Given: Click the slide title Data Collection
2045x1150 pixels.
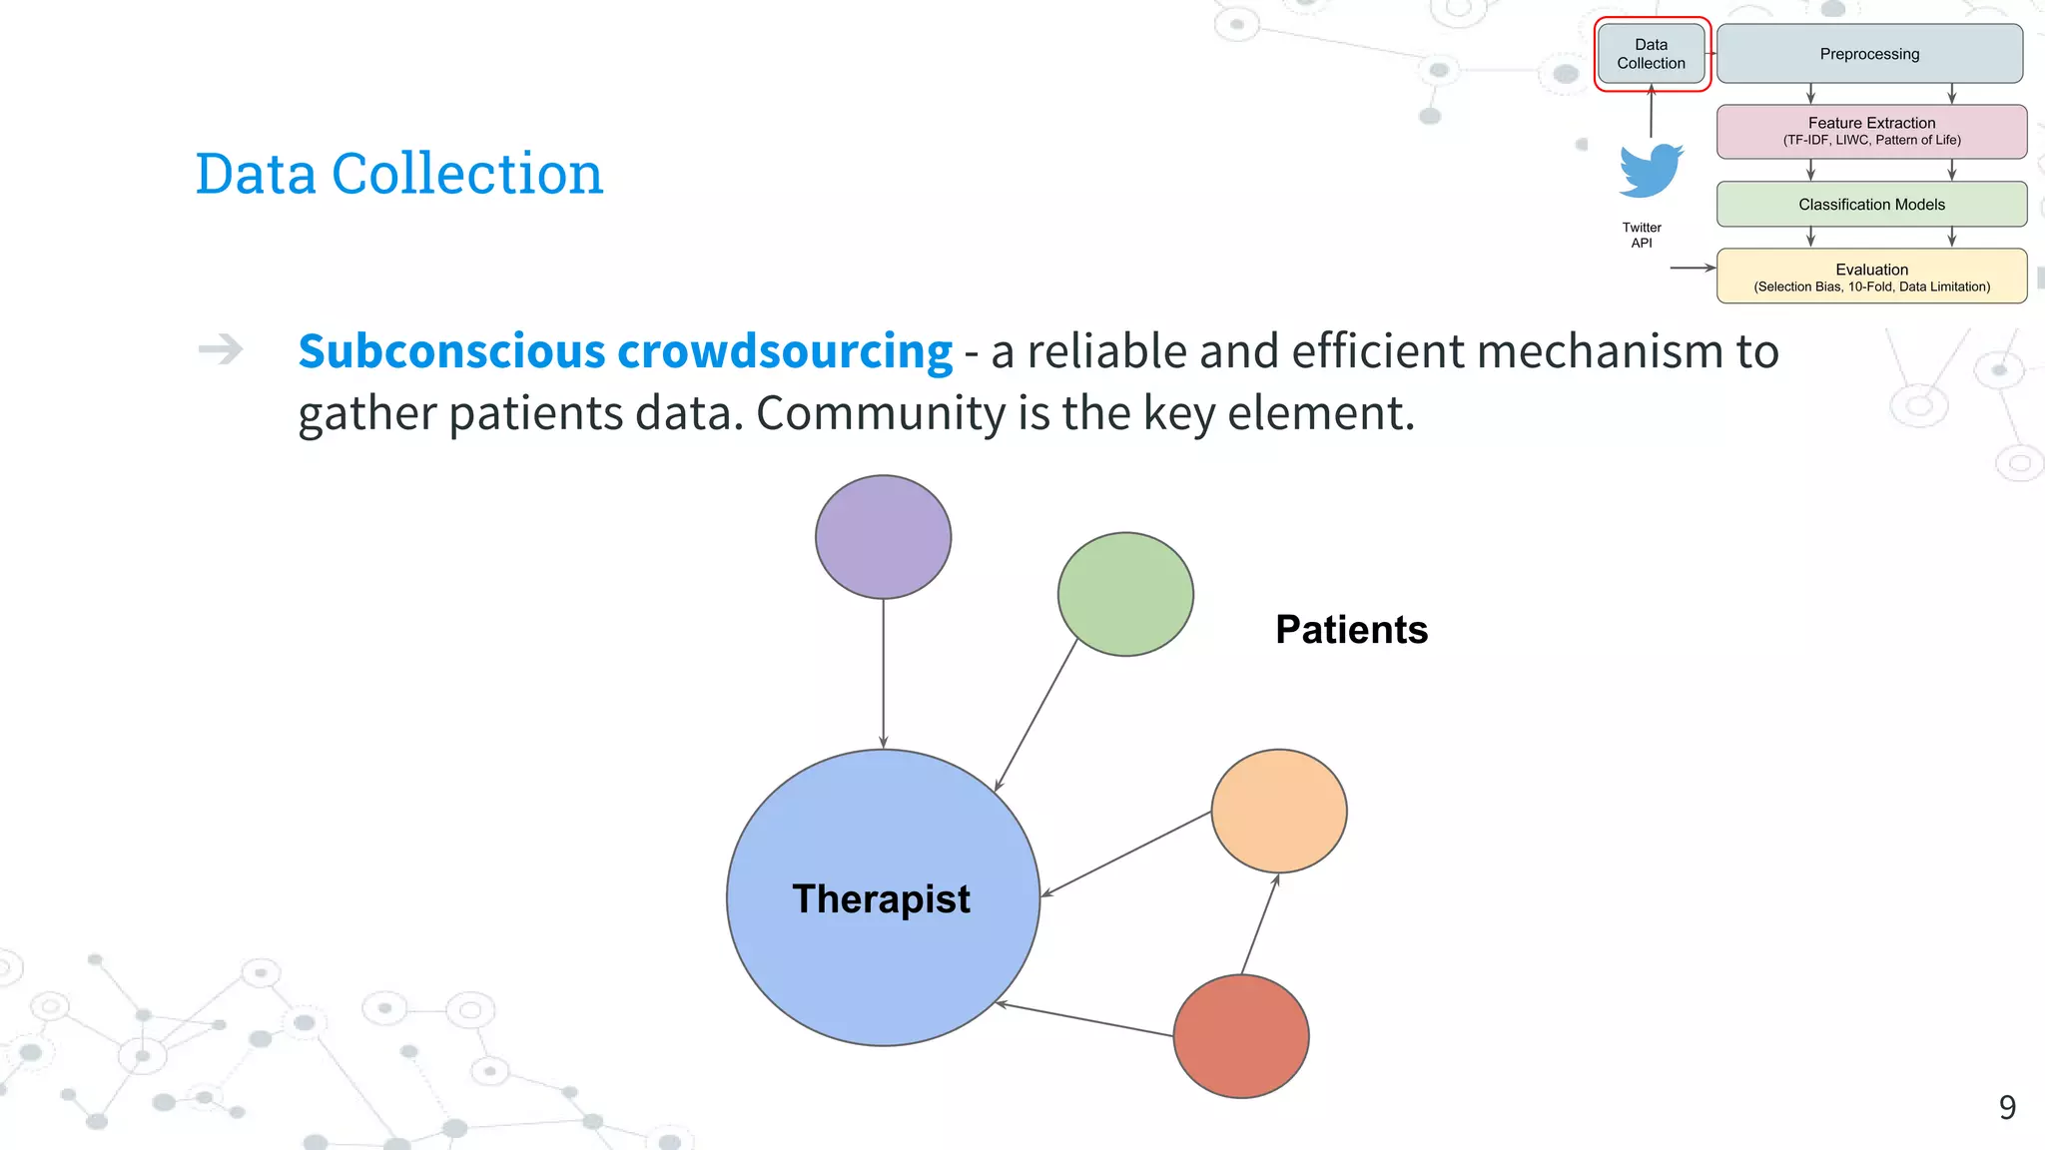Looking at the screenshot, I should coord(399,174).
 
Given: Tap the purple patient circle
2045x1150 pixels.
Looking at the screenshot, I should coord(883,537).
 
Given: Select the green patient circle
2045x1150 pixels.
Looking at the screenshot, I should coord(1125,594).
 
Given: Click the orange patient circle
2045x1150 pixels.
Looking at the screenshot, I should coord(1279,811).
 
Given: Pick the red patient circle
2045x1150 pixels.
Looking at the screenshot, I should coord(1241,1036).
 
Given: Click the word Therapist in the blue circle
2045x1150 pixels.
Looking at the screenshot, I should coord(881,898).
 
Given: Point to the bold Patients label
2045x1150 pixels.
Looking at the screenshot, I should coord(1351,630).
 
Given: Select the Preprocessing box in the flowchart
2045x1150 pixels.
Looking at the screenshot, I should coord(1869,54).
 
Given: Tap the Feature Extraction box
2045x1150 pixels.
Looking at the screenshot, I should coord(1871,131).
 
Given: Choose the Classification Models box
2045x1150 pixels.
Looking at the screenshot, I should coord(1871,204).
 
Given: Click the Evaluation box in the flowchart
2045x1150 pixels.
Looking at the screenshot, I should coord(1871,277).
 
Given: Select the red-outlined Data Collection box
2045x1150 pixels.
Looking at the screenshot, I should coord(1651,54).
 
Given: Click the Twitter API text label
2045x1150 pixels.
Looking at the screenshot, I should coord(1642,235).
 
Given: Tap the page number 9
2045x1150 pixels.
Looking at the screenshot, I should coord(2007,1107).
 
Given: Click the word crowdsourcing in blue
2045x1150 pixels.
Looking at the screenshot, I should coord(785,351).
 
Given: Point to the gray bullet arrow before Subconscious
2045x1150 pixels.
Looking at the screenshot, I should coord(221,349).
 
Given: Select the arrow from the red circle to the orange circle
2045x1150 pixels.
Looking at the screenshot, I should coord(1260,924).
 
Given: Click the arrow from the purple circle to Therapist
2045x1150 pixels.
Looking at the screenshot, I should coord(883,674).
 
